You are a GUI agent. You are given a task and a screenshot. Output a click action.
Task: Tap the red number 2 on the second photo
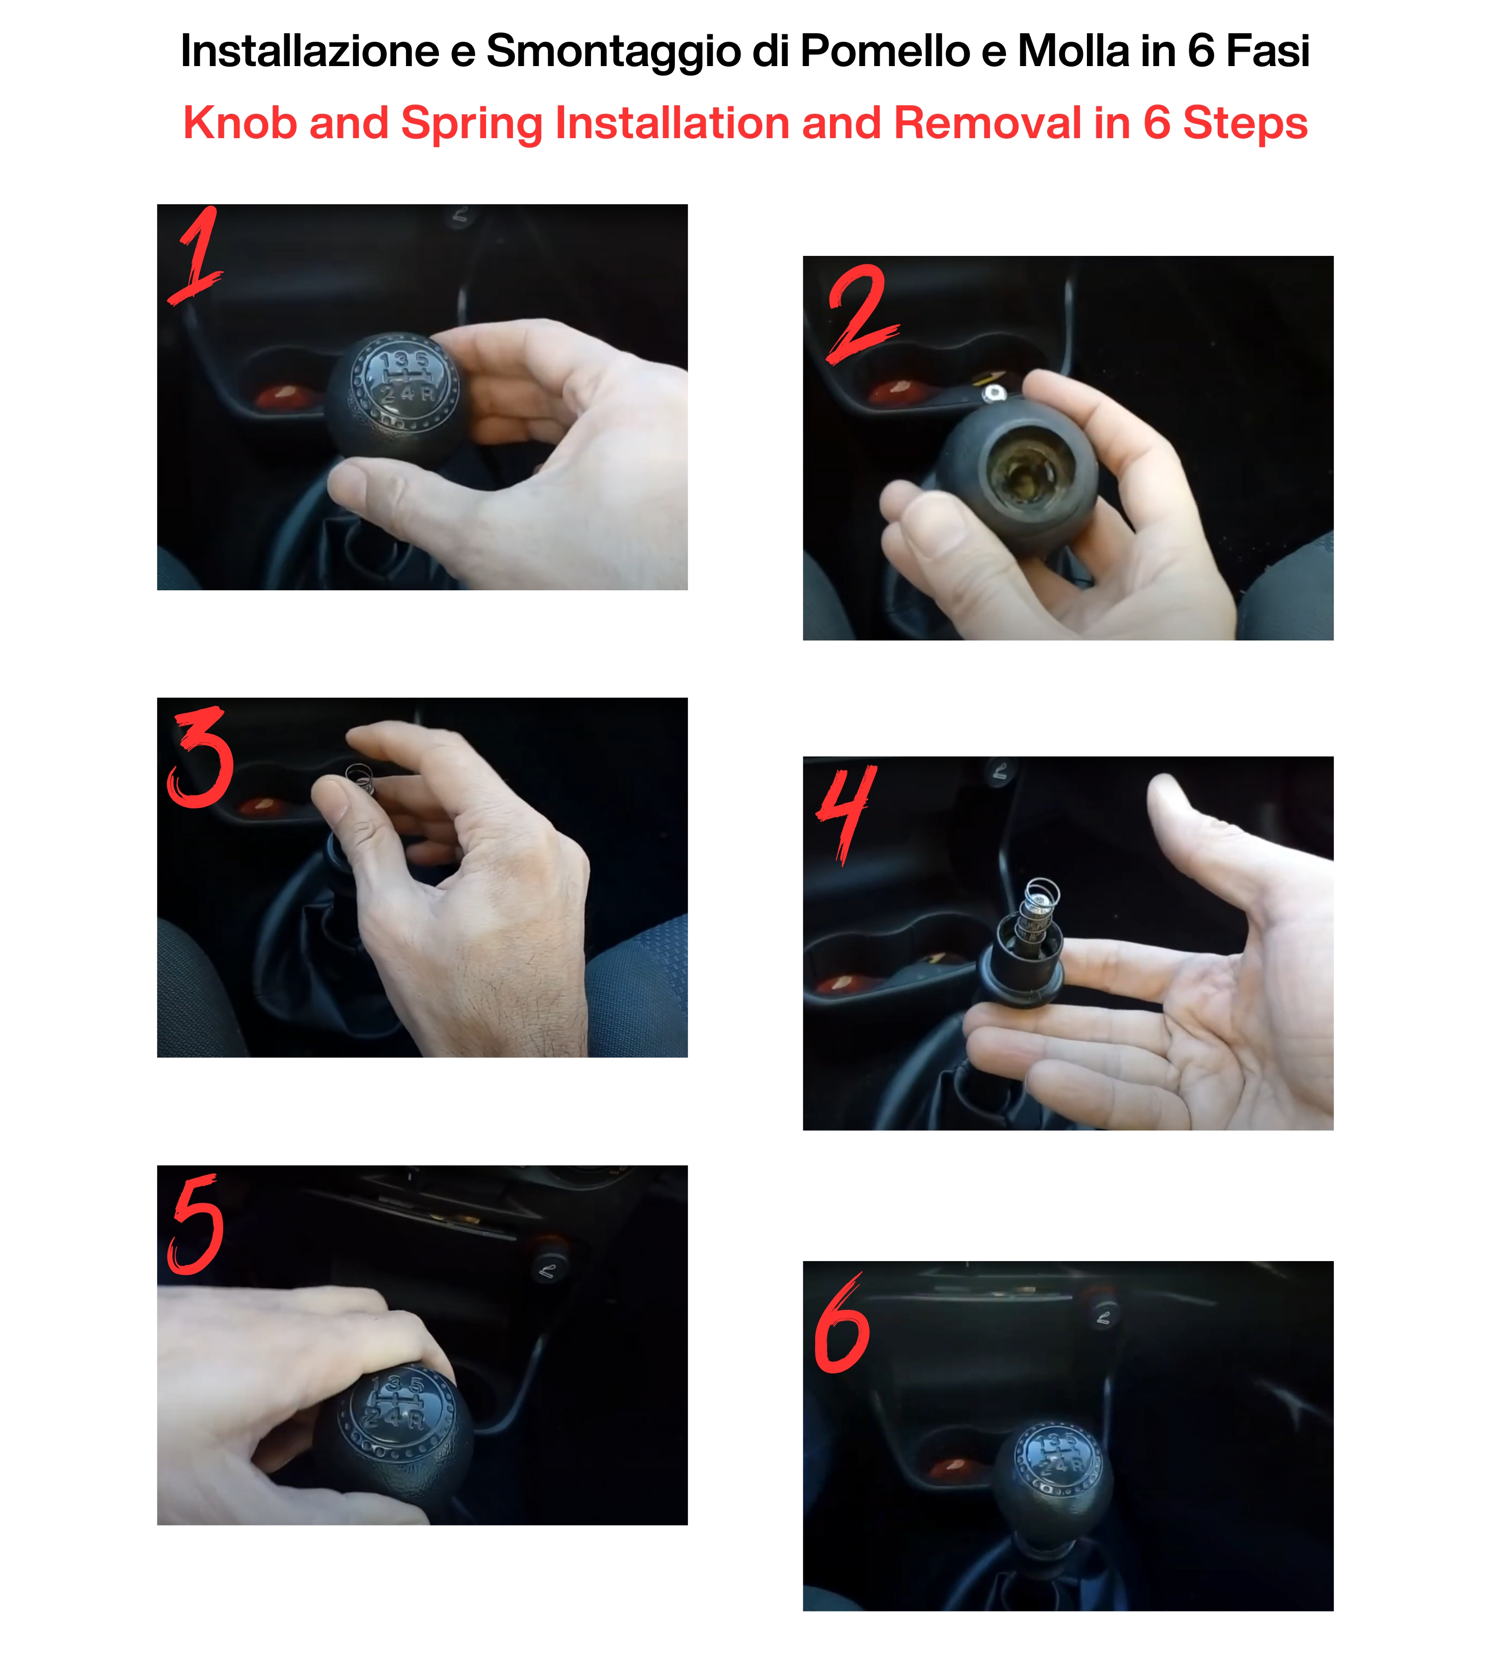click(x=862, y=314)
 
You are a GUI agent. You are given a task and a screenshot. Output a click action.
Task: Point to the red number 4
click(x=846, y=813)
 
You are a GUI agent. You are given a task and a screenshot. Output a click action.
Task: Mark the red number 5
click(x=195, y=1224)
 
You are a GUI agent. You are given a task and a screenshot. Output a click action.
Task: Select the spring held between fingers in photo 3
click(x=360, y=779)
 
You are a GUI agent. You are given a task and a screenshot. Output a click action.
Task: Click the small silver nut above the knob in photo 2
click(x=993, y=395)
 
